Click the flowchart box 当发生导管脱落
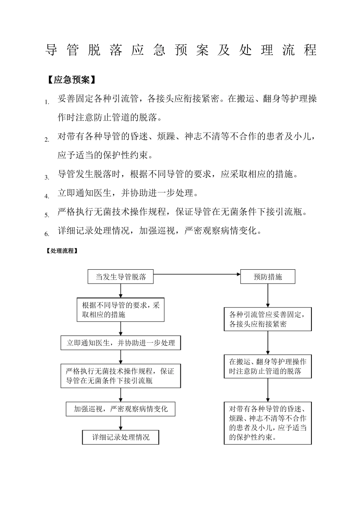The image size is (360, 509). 121,277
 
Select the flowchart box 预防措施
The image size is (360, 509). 268,277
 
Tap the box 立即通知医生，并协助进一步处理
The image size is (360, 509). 121,343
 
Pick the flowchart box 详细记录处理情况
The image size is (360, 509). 121,437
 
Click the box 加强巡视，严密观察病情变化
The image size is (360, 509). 121,409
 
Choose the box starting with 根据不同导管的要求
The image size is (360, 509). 121,310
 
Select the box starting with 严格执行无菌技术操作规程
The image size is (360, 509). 121,376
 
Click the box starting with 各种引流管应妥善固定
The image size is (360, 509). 268,319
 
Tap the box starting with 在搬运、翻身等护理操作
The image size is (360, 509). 268,367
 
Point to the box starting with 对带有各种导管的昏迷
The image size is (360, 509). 268,423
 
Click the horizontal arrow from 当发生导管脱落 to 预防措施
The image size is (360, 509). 197,274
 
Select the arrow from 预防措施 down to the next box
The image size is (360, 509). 268,295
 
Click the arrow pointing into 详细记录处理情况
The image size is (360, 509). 121,423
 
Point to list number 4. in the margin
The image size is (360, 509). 47,196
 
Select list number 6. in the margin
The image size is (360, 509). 47,234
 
